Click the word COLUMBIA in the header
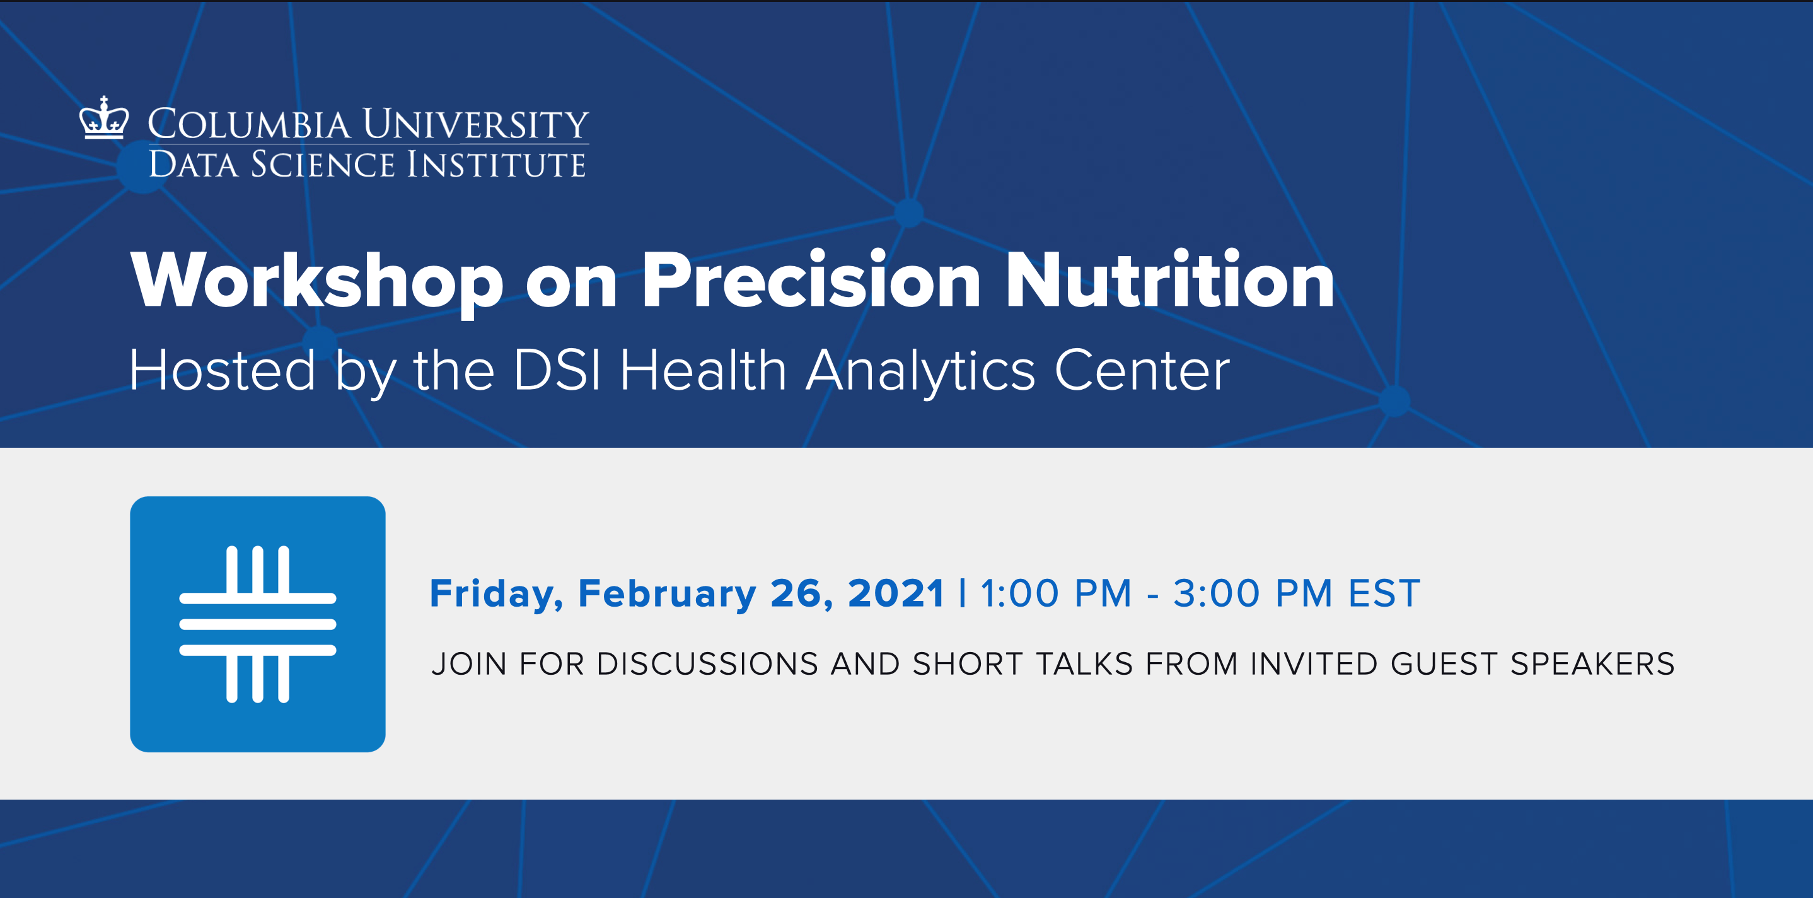tap(248, 125)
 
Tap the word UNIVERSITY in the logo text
tap(476, 125)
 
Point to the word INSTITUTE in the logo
tap(496, 165)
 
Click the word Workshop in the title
tap(316, 281)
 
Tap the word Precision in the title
tap(811, 281)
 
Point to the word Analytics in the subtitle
tap(920, 372)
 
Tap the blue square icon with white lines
tap(258, 624)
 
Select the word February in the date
tap(666, 594)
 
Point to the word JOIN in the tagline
tap(469, 664)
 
